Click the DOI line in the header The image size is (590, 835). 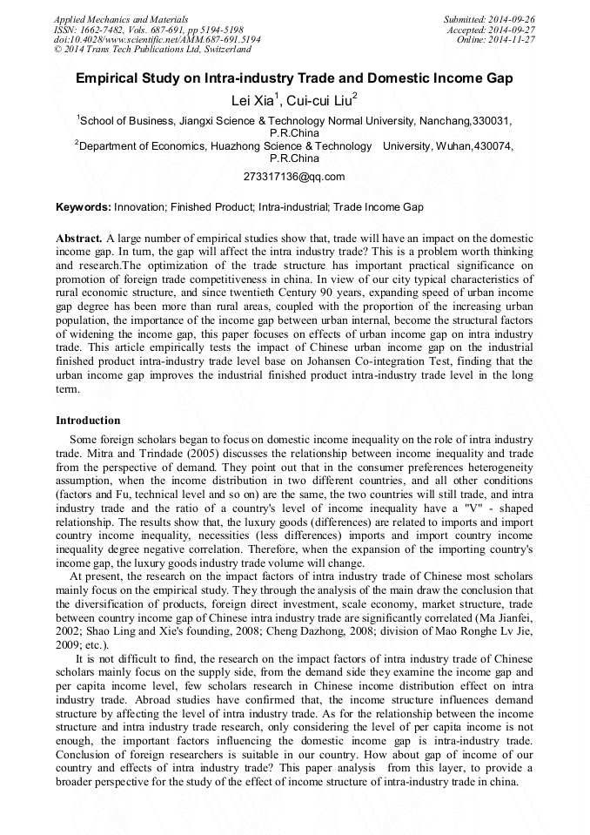157,39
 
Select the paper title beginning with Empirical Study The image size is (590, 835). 294,78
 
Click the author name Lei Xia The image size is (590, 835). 256,101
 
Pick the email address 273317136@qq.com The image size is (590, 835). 294,177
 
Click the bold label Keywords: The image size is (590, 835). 84,207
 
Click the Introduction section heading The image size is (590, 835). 88,421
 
